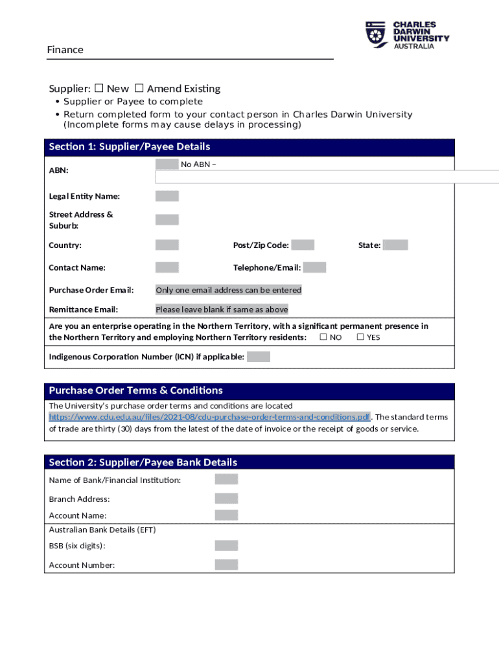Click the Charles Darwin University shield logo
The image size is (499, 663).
(377, 34)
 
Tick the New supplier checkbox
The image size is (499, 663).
(99, 88)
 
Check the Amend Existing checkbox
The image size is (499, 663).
(139, 88)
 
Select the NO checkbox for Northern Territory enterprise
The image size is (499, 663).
(323, 337)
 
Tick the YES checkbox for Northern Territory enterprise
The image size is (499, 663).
(360, 337)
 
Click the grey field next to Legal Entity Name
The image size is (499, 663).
(167, 196)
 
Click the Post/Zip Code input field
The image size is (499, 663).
(303, 245)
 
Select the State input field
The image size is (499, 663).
(395, 245)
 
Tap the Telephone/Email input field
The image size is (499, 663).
(314, 267)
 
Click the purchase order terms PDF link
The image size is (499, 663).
(209, 417)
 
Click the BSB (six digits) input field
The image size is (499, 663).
(226, 546)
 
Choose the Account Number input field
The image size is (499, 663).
(226, 565)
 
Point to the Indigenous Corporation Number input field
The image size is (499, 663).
(259, 357)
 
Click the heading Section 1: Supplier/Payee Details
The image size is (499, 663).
(130, 147)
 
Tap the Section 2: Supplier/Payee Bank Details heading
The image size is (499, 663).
(143, 462)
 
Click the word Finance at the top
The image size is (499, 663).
(65, 50)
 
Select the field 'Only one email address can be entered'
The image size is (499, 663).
(228, 290)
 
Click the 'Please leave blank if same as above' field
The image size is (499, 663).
(222, 309)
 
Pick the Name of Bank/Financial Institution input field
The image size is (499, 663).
(226, 480)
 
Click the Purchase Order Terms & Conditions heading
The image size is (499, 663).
(136, 390)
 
